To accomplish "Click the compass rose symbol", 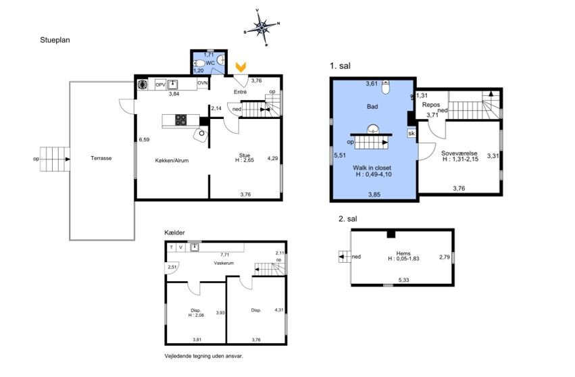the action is tap(261, 27).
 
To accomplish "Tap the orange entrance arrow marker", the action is tap(241, 67).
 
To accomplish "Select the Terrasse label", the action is tap(101, 158).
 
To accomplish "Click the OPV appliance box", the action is tap(161, 84).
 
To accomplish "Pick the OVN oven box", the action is tap(203, 83).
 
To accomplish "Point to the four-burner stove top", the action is tap(181, 120).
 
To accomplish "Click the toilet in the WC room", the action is tap(200, 64).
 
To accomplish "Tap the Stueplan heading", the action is tap(55, 40).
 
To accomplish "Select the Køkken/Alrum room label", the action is tap(172, 160).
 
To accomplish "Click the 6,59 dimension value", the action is tap(144, 139).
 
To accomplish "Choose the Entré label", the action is tap(240, 92).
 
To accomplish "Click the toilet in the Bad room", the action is tap(385, 88).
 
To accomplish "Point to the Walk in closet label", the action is tap(372, 168).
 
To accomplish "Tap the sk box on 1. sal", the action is tap(411, 133).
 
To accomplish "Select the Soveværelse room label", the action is tap(459, 153).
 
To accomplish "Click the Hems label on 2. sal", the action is tap(403, 253).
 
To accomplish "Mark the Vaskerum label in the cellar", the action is tap(224, 263).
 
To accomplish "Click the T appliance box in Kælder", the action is tap(171, 247).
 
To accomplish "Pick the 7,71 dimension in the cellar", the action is tap(224, 255).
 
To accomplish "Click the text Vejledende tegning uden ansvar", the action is tap(204, 356).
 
